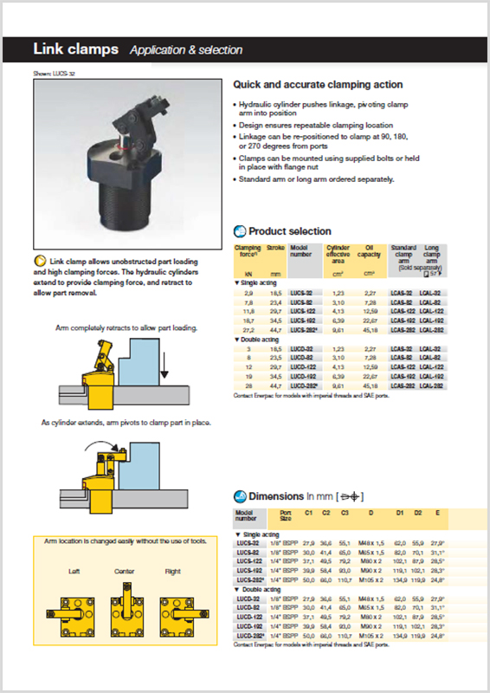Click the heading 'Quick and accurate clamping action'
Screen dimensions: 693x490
(x=318, y=85)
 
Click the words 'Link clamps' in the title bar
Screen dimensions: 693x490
(x=75, y=49)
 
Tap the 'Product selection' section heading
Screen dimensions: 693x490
(x=289, y=231)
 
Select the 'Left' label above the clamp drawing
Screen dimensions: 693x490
(x=75, y=572)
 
